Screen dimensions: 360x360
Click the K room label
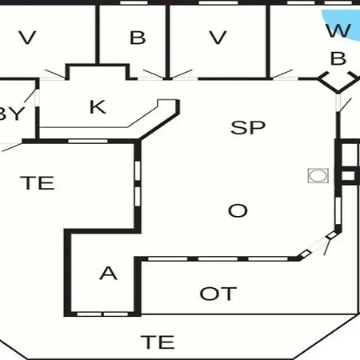[98, 107]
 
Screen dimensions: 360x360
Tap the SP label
[248, 127]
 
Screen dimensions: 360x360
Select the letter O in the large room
[238, 210]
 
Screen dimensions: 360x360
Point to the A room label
[108, 273]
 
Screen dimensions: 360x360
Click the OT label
[218, 294]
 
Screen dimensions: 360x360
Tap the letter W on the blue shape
[338, 30]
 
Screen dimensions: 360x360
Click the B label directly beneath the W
[338, 58]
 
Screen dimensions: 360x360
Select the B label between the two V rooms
[138, 38]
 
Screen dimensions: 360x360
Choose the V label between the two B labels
[218, 38]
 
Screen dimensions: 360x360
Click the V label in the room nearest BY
[27, 38]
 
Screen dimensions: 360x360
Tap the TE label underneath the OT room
[158, 342]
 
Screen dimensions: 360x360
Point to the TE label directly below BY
[38, 183]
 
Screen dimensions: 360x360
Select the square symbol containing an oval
[318, 176]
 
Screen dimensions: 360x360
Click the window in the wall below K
[88, 141]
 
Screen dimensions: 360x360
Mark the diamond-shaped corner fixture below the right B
[338, 82]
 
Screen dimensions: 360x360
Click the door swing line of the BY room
[30, 96]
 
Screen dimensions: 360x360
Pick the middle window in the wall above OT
[218, 258]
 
